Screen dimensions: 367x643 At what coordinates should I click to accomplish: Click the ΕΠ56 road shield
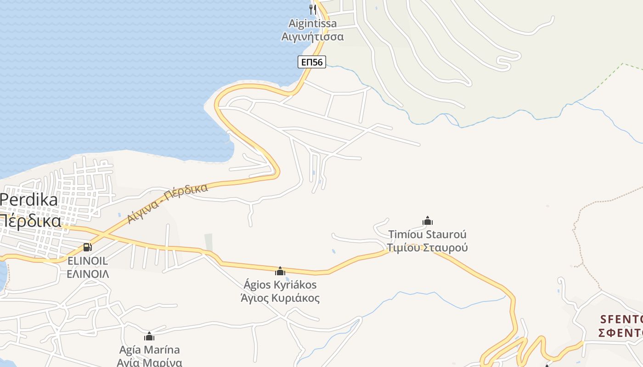pyautogui.click(x=312, y=62)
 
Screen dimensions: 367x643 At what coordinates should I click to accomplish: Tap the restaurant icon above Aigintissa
pyautogui.click(x=313, y=9)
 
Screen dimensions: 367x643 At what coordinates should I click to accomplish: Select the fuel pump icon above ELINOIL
pyautogui.click(x=87, y=247)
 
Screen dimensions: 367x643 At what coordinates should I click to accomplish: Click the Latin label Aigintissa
pyautogui.click(x=312, y=23)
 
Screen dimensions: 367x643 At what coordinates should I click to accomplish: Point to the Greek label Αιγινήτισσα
pyautogui.click(x=312, y=36)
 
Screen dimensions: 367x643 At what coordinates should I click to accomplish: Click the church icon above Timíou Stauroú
pyautogui.click(x=428, y=221)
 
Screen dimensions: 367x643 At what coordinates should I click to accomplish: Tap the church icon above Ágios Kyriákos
pyautogui.click(x=280, y=271)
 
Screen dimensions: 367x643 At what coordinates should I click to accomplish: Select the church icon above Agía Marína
pyautogui.click(x=149, y=336)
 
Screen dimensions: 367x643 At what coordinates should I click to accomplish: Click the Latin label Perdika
pyautogui.click(x=29, y=200)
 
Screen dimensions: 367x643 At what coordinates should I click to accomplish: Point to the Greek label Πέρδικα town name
pyautogui.click(x=30, y=221)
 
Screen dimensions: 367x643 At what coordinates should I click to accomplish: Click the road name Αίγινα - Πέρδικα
pyautogui.click(x=167, y=203)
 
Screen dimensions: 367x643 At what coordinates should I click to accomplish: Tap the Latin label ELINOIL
pyautogui.click(x=87, y=261)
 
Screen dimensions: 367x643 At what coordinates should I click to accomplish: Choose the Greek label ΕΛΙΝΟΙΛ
pyautogui.click(x=88, y=274)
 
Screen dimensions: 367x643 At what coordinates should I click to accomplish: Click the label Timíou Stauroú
pyautogui.click(x=427, y=234)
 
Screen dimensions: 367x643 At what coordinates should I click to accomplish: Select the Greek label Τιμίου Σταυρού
pyautogui.click(x=427, y=248)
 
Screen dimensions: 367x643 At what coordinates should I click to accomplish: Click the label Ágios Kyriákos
pyautogui.click(x=280, y=285)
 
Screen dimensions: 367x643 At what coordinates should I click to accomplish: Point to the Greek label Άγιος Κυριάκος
pyautogui.click(x=280, y=298)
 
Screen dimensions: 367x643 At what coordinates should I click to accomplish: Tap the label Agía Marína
pyautogui.click(x=149, y=350)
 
